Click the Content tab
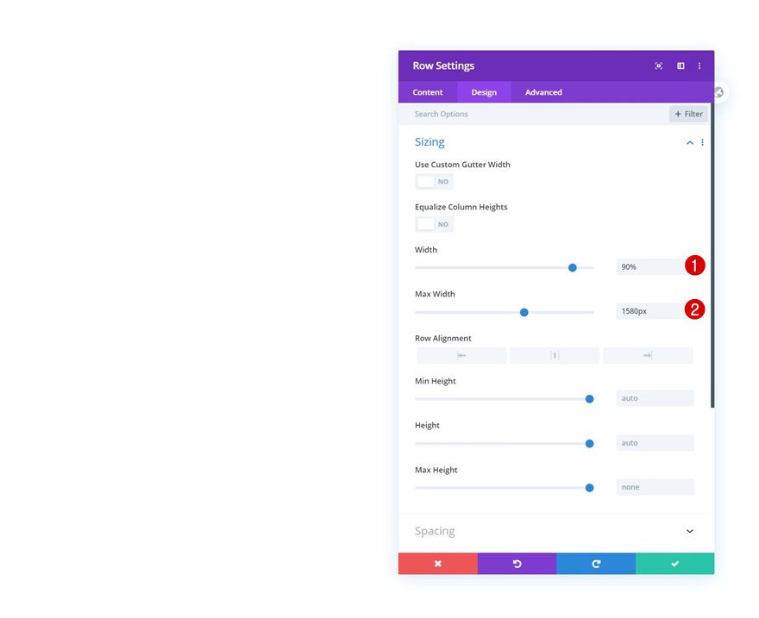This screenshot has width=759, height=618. [x=428, y=92]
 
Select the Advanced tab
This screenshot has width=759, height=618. [x=543, y=92]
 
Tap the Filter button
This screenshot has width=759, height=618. [x=688, y=114]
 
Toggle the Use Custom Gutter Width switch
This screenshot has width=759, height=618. [x=434, y=182]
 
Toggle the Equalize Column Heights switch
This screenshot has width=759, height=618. [x=434, y=224]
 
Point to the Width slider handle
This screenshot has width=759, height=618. [x=573, y=267]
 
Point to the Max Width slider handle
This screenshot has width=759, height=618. [x=524, y=312]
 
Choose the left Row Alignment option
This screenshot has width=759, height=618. [x=461, y=355]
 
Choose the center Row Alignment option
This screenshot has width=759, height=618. [x=555, y=355]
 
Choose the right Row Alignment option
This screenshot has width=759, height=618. [x=648, y=355]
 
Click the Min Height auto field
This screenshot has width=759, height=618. [x=655, y=398]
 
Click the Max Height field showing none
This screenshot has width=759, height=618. [x=655, y=487]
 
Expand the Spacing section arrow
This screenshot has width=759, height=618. [x=689, y=531]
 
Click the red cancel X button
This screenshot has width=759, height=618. [x=438, y=564]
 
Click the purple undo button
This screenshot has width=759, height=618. [x=517, y=564]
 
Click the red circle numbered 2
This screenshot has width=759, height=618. [x=695, y=309]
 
